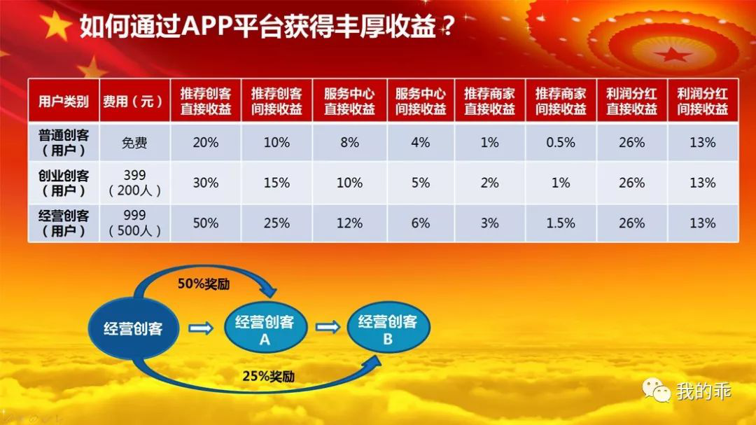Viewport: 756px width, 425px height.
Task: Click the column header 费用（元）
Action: click(134, 102)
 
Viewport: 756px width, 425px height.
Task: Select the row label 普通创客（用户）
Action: click(64, 142)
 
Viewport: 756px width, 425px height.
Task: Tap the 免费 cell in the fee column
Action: click(134, 143)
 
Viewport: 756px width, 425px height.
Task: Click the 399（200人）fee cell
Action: click(134, 183)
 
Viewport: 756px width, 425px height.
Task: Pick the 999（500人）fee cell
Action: click(134, 223)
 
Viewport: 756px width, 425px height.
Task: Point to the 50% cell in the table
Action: click(206, 223)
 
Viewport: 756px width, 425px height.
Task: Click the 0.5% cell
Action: click(561, 142)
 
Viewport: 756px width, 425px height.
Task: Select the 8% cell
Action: click(349, 142)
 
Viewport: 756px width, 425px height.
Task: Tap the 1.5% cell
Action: click(561, 223)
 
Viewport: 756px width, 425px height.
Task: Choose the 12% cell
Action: click(349, 223)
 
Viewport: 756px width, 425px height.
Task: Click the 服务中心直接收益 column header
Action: click(349, 102)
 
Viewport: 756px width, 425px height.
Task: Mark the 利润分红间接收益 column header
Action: click(703, 102)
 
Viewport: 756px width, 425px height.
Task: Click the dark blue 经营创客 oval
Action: click(133, 328)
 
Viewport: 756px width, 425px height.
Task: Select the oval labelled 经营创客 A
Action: click(265, 328)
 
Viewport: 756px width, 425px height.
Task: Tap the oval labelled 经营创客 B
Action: click(388, 327)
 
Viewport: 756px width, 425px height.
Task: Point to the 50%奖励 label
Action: click(204, 284)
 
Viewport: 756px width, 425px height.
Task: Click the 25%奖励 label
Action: click(269, 376)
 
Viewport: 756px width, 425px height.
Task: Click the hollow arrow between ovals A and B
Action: click(328, 328)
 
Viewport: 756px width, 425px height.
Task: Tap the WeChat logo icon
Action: click(656, 390)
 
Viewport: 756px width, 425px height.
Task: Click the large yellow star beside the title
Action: click(55, 26)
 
